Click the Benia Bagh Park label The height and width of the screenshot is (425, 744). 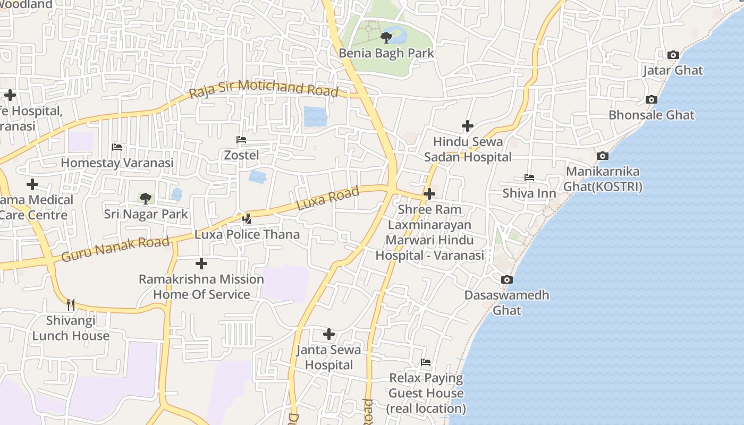click(386, 53)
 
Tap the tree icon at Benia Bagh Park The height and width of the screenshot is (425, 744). click(386, 37)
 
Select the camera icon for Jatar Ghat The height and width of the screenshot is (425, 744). click(673, 55)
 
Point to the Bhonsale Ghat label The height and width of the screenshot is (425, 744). click(651, 115)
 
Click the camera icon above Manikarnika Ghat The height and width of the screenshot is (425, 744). click(602, 156)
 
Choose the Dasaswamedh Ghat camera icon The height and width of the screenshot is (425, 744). click(507, 279)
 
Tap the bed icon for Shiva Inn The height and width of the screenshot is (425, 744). click(529, 177)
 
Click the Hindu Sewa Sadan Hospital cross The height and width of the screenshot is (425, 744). click(467, 126)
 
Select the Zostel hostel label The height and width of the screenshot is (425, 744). click(241, 155)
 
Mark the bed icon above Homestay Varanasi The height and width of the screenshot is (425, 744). click(117, 147)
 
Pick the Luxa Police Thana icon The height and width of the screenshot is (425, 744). click(247, 218)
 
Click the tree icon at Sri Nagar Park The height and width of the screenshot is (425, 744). click(145, 199)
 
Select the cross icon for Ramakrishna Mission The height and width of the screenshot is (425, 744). click(201, 263)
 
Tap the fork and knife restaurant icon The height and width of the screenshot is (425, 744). click(71, 304)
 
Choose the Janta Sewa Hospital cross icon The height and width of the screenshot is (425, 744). click(329, 334)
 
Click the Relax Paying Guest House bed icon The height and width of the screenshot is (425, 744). click(426, 362)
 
